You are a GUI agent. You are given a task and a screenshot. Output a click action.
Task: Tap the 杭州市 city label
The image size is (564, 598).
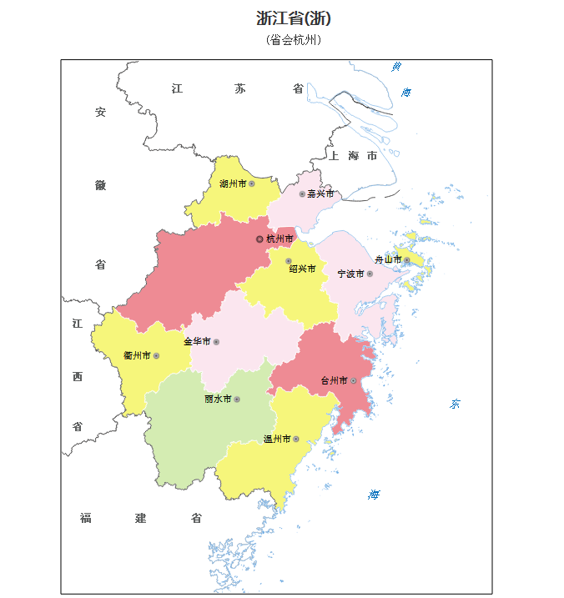279,239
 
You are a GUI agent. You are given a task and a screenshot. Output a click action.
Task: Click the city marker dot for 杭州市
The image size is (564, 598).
259,239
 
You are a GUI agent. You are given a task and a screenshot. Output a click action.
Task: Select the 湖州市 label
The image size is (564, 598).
233,183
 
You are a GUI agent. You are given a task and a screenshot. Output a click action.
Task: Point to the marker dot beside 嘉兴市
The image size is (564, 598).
302,193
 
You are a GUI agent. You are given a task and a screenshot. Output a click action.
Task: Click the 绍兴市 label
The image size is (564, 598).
302,269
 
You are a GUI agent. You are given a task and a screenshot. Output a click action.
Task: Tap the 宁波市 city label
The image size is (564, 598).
350,274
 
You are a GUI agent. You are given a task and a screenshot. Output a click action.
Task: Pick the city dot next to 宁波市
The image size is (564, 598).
370,274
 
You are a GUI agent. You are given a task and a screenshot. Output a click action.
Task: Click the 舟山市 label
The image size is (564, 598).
388,259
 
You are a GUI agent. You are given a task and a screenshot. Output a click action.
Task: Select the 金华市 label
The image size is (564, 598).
196,341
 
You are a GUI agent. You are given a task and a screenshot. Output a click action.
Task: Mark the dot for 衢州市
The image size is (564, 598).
156,356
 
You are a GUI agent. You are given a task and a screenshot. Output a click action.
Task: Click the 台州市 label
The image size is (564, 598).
334,380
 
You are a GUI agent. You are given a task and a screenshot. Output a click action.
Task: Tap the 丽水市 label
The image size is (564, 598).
217,400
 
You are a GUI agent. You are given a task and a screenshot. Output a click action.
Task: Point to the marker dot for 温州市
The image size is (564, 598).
295,439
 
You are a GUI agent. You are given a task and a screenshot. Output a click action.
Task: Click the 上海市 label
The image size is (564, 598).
353,156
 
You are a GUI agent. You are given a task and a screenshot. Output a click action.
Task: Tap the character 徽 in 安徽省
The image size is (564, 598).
100,185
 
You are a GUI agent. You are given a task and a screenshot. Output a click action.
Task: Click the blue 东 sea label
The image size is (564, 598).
456,405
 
